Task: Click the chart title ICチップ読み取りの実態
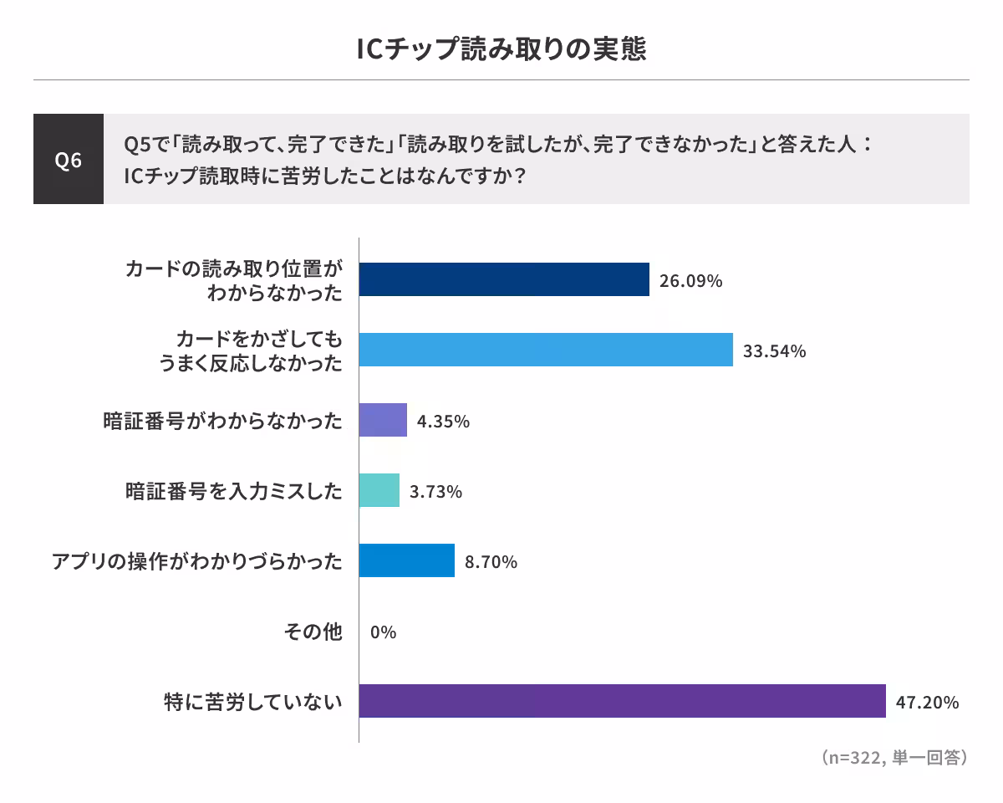[501, 49]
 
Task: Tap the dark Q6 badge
[69, 159]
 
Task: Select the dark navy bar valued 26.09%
[504, 279]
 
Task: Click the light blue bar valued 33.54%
[546, 350]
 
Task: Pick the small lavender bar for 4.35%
[383, 420]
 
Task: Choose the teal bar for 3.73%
[379, 490]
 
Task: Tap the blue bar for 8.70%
[407, 560]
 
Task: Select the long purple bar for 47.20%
[622, 701]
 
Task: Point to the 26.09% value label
[690, 281]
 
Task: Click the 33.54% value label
[774, 351]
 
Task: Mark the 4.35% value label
[443, 422]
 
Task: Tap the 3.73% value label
[435, 492]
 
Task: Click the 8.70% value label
[491, 562]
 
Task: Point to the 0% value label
[383, 632]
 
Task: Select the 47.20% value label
[927, 703]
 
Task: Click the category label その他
[313, 632]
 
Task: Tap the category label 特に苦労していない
[253, 702]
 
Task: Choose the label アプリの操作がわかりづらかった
[197, 561]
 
